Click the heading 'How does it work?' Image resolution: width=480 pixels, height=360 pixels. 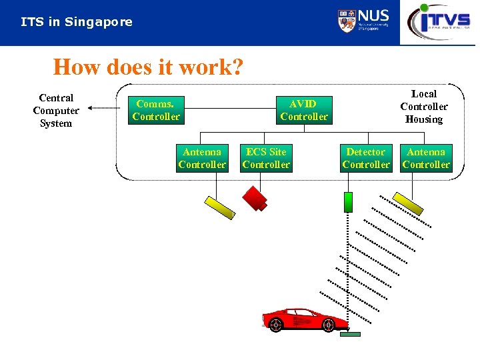pyautogui.click(x=148, y=67)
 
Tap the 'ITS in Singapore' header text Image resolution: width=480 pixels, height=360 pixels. pyautogui.click(x=76, y=22)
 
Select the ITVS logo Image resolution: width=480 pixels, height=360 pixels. pyautogui.click(x=439, y=21)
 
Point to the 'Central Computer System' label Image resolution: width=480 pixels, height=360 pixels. pyautogui.click(x=56, y=111)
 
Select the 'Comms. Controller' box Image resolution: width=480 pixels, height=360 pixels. pyautogui.click(x=156, y=110)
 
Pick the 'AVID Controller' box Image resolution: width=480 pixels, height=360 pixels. pyautogui.click(x=304, y=110)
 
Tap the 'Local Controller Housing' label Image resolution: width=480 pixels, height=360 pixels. pyautogui.click(x=424, y=107)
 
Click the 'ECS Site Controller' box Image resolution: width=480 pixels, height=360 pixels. pyautogui.click(x=266, y=158)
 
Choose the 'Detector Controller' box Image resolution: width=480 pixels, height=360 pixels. pyautogui.click(x=366, y=158)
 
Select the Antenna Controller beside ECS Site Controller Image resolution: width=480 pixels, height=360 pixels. pyautogui.click(x=202, y=158)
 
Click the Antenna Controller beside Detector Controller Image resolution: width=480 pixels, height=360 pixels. pyautogui.click(x=426, y=158)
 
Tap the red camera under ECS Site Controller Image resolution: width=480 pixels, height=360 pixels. pyautogui.click(x=255, y=197)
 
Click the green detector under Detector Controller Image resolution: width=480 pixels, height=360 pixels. pyautogui.click(x=347, y=201)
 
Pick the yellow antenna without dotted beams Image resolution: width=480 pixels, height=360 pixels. pyautogui.click(x=220, y=207)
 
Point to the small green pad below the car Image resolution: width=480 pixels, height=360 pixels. pyautogui.click(x=349, y=334)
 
